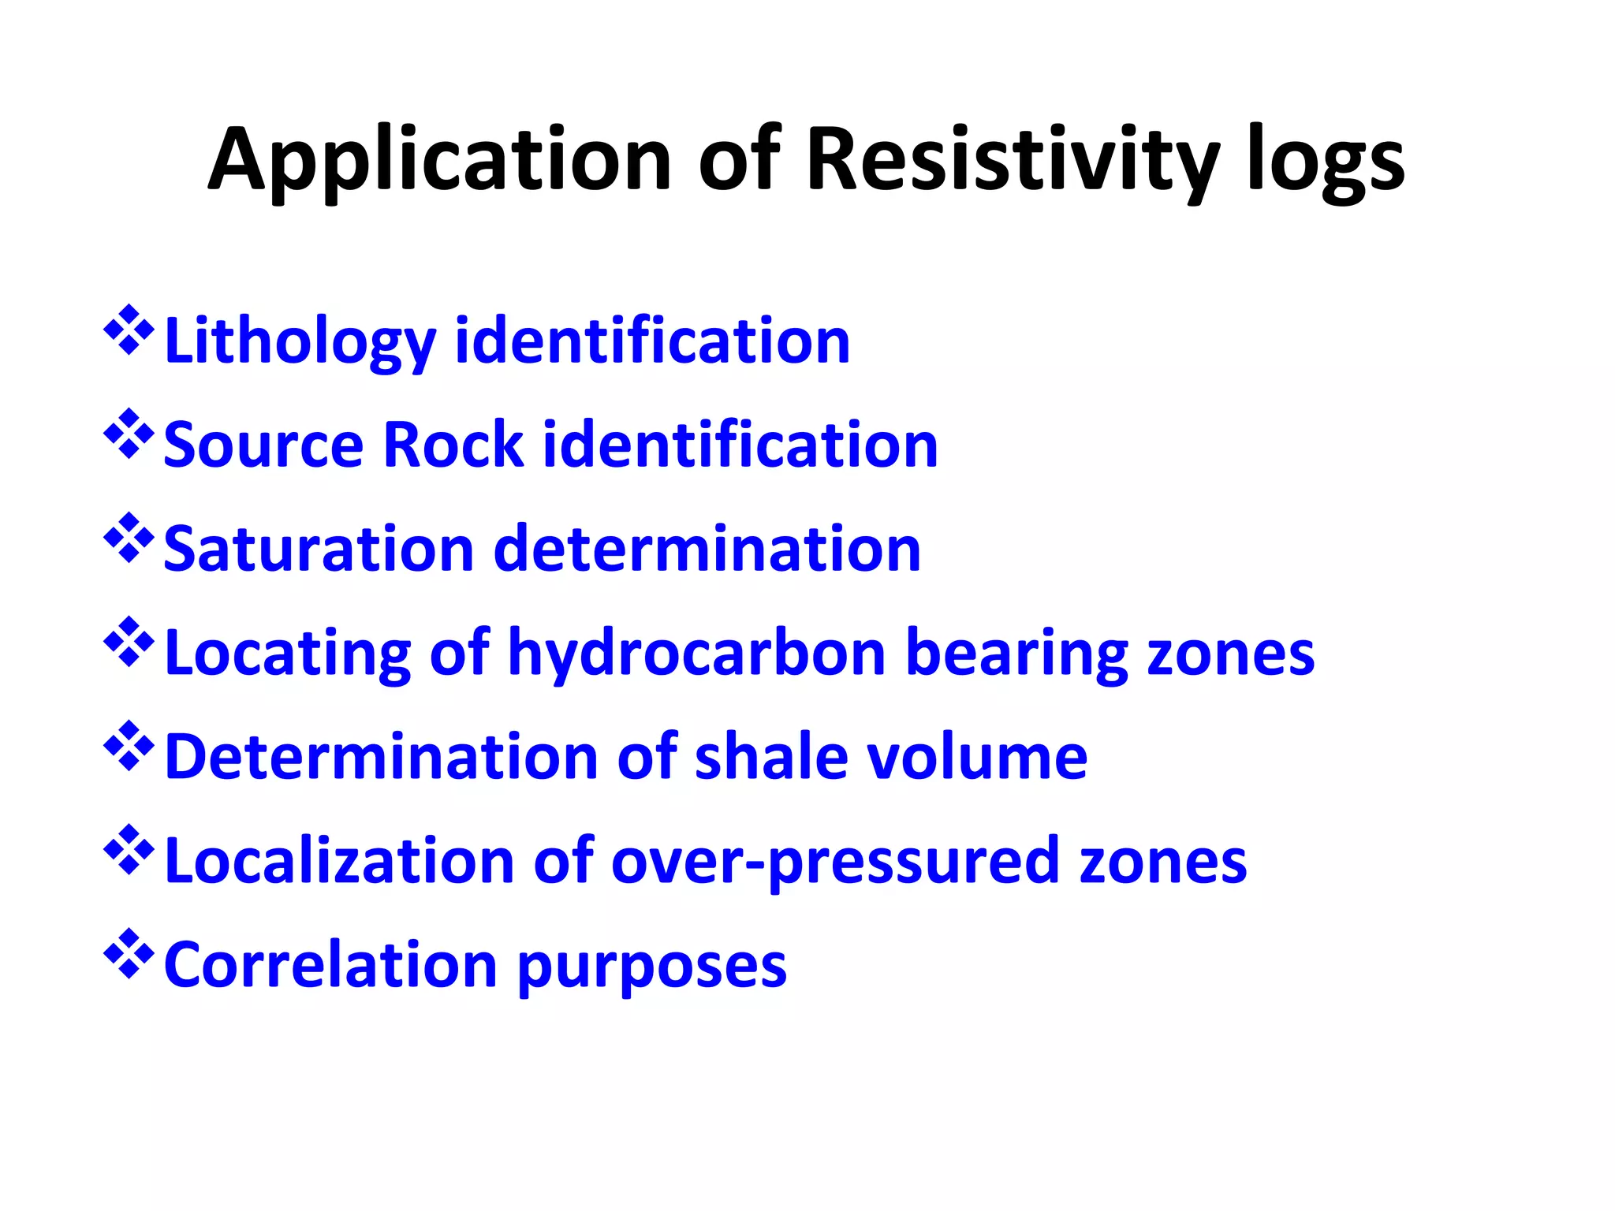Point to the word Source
tap(263, 445)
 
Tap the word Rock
tap(453, 445)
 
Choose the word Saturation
tap(319, 550)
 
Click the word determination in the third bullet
tap(707, 550)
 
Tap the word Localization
tap(339, 862)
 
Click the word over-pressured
tap(835, 862)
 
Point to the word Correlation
tap(330, 966)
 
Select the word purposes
tap(652, 966)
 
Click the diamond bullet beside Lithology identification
tap(129, 330)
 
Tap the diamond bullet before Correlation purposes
tap(129, 954)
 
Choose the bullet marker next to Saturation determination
tap(129, 538)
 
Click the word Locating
tap(288, 654)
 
